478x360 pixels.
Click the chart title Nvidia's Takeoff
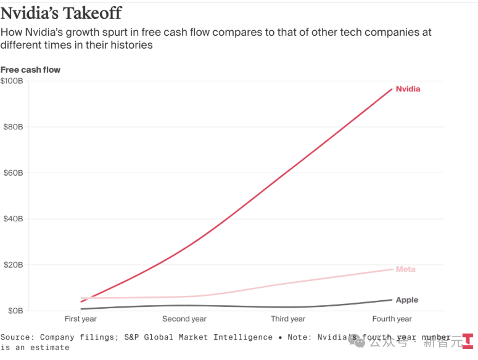click(x=61, y=12)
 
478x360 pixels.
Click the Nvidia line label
click(x=408, y=89)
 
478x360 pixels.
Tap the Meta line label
click(x=405, y=269)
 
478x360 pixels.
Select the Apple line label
click(x=406, y=300)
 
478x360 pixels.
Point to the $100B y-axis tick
click(x=12, y=81)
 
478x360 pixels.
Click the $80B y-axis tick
click(x=12, y=127)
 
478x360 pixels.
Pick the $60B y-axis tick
click(x=12, y=173)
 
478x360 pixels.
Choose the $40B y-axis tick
click(x=12, y=219)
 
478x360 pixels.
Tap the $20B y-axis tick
click(x=12, y=265)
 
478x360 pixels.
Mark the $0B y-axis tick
click(x=12, y=311)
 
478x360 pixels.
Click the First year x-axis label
click(x=81, y=319)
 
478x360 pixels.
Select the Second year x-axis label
click(x=184, y=319)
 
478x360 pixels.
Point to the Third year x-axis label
click(x=288, y=319)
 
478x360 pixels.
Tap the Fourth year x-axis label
click(x=392, y=319)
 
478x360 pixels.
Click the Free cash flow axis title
click(x=30, y=70)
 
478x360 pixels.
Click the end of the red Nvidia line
click(x=392, y=89)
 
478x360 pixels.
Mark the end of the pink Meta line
click(x=392, y=269)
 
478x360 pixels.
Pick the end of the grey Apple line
click(x=392, y=300)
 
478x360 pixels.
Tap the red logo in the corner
click(x=468, y=340)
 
